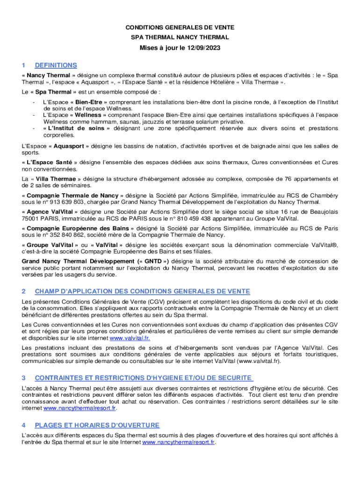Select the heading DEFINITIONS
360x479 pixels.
56,65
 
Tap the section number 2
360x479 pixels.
23,291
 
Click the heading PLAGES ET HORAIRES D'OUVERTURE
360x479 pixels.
97,425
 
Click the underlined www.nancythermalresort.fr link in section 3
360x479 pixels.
79,408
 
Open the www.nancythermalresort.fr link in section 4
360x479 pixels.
178,442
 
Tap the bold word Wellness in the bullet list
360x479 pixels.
88,115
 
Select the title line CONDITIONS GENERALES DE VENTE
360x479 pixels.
180,28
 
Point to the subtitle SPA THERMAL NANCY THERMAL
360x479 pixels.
180,37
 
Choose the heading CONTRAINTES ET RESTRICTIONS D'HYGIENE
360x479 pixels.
144,378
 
